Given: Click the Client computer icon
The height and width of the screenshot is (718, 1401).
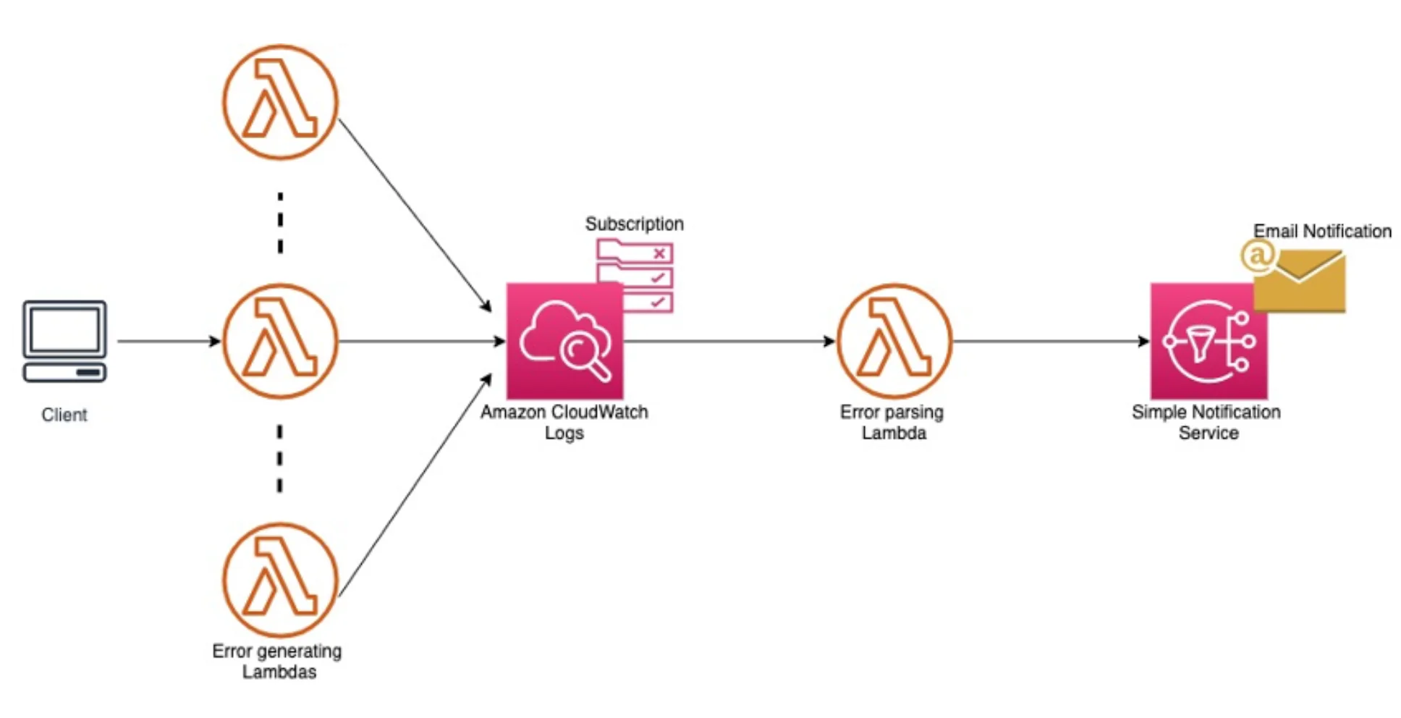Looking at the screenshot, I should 64,340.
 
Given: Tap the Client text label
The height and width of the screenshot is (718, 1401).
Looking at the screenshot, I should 64,415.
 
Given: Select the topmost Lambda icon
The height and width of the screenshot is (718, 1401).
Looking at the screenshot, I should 280,102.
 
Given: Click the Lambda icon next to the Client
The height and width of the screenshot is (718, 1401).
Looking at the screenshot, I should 280,341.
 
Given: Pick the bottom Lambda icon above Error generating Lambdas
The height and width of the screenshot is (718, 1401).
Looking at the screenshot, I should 280,580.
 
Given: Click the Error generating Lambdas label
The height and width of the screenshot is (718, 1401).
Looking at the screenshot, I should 278,661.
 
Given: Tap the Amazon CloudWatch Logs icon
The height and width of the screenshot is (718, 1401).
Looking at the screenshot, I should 564,341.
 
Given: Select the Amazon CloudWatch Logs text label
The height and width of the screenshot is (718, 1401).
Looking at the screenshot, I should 564,422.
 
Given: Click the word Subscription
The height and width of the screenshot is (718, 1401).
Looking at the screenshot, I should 634,224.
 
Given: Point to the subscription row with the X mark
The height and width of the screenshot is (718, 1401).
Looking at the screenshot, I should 635,253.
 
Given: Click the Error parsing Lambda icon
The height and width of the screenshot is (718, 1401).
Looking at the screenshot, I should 894,341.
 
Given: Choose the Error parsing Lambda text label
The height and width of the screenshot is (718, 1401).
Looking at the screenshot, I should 892,422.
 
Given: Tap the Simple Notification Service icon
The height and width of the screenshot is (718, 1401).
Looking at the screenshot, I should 1209,341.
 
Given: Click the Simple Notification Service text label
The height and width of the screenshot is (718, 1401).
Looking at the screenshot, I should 1206,422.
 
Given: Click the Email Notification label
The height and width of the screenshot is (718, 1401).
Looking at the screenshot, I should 1322,231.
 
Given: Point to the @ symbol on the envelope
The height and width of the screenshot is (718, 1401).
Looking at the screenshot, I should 1258,255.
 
